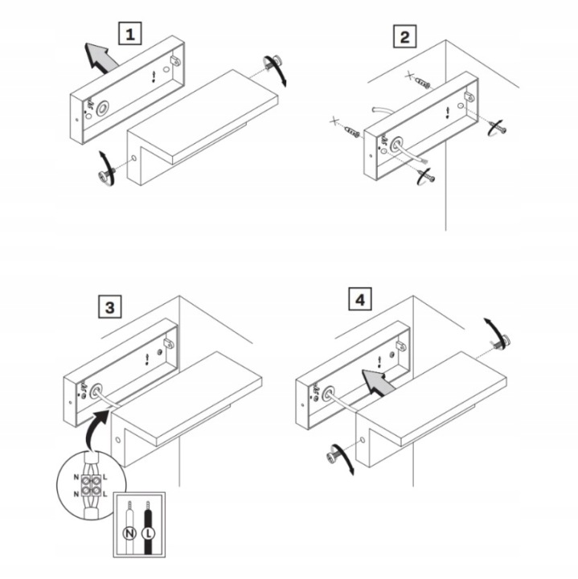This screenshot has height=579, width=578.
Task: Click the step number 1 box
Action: coord(130,34)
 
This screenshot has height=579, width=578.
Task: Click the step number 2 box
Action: coord(405,36)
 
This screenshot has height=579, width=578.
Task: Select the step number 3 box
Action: coord(110,306)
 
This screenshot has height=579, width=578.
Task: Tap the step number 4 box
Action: coord(360,298)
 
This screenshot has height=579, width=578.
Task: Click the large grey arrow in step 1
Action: coord(100,57)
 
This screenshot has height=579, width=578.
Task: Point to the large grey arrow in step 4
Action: coord(376,382)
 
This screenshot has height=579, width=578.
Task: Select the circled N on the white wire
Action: coord(129,533)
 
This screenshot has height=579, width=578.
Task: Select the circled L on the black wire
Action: coord(149,533)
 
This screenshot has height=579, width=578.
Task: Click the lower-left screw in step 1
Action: coord(105,175)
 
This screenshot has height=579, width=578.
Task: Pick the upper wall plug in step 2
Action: coord(423,83)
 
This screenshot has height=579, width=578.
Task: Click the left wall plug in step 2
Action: coord(352,131)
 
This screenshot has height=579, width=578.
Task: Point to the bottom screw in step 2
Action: coord(427,176)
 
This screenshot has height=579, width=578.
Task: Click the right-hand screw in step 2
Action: coord(498,128)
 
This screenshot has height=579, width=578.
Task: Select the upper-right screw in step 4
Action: coord(502,342)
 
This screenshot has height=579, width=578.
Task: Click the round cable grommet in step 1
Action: coord(103,109)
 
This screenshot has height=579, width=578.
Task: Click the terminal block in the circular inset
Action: coord(91,485)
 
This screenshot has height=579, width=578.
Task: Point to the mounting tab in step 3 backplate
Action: coord(169,343)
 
